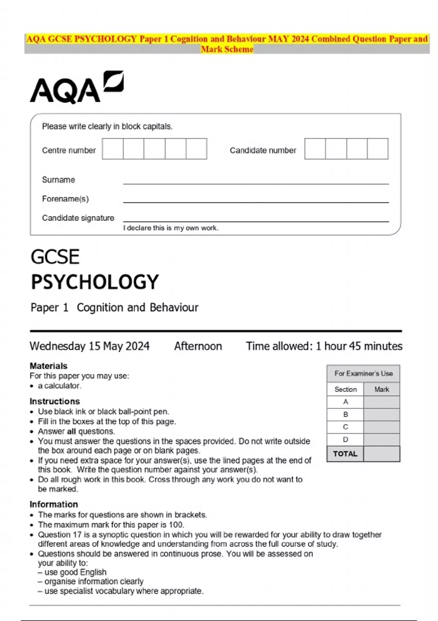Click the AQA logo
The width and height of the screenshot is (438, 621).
coord(76,88)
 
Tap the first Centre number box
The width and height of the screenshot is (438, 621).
coord(113,149)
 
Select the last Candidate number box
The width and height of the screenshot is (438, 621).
coord(377,149)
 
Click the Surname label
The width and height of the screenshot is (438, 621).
coord(58,180)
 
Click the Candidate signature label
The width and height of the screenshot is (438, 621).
coord(78,218)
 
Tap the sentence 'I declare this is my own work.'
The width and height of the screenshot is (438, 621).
coord(171,228)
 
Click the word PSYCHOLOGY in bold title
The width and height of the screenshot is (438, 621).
coord(95,282)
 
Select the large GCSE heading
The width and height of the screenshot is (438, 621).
coord(55,257)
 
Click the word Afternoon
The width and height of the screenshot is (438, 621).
coord(198,346)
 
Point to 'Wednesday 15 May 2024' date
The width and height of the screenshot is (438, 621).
coord(89,346)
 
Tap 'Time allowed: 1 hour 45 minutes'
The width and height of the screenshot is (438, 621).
coord(324,346)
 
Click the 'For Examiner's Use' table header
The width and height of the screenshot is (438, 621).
coord(364,373)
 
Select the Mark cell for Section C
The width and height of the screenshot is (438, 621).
coord(381,427)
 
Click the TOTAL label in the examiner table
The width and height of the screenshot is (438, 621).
coord(345,454)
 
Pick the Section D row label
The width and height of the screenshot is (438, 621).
coord(345,439)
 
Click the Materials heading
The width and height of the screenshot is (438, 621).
coord(49,366)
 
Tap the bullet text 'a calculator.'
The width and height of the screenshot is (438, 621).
coord(59,386)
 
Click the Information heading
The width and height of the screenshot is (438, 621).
coord(54,504)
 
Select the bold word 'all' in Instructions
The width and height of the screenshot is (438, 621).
coord(72,431)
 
